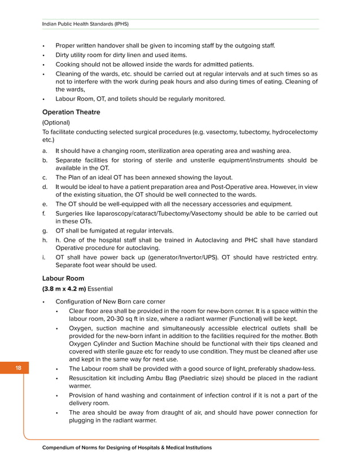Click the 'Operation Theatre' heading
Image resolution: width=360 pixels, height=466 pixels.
[x=71, y=112]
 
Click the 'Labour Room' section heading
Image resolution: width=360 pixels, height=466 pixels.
[x=63, y=278]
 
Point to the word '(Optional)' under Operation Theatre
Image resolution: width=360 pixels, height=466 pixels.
[x=56, y=122]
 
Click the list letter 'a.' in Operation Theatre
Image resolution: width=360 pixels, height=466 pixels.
[x=45, y=151]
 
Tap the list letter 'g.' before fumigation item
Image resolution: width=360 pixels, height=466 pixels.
[x=45, y=231]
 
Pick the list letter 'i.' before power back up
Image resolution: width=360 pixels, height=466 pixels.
[x=44, y=258]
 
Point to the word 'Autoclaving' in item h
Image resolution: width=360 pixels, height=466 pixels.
[x=213, y=240]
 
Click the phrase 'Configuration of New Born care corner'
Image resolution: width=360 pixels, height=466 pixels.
[x=110, y=301]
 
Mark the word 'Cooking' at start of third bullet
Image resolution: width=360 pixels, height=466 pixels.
[x=68, y=65]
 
